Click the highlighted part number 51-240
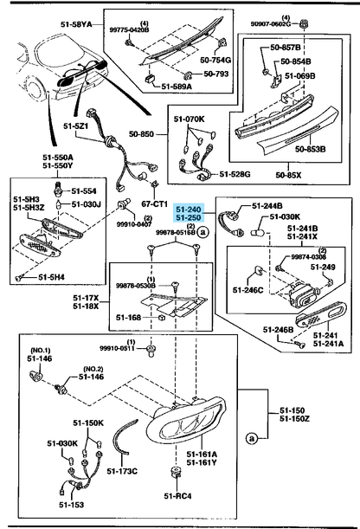pyautogui.click(x=190, y=209)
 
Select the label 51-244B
pyautogui.click(x=267, y=206)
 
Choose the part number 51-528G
pyautogui.click(x=234, y=175)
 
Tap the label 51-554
pyautogui.click(x=83, y=190)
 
